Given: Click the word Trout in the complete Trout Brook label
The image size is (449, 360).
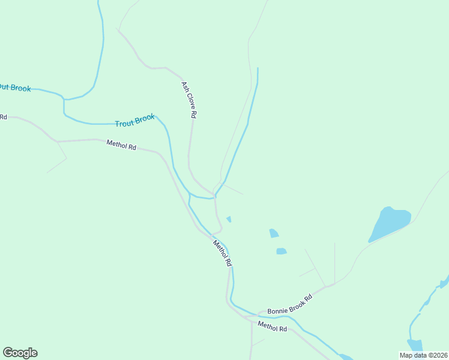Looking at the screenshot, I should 125,123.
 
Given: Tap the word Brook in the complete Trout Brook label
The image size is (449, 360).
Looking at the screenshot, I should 145,119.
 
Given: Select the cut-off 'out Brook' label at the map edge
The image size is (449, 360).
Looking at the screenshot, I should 14,88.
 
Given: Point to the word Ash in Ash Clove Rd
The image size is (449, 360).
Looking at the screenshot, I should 185,86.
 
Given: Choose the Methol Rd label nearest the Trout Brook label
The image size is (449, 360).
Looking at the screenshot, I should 121,145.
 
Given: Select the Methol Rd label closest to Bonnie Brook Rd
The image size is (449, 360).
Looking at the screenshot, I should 273,327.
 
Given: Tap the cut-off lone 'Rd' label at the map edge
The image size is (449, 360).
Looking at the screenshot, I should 3,116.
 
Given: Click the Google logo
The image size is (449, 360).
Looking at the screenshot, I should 20,353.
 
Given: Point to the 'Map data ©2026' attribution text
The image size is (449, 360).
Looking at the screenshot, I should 423,355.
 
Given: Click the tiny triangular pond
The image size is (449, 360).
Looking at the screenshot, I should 229,219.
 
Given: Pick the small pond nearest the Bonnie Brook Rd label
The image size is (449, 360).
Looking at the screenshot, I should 281,251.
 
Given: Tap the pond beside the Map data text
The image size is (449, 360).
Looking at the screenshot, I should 414,345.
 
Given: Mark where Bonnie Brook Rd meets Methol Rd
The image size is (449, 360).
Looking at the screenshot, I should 253,316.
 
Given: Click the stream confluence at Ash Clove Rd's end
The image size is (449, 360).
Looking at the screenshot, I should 215,196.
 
